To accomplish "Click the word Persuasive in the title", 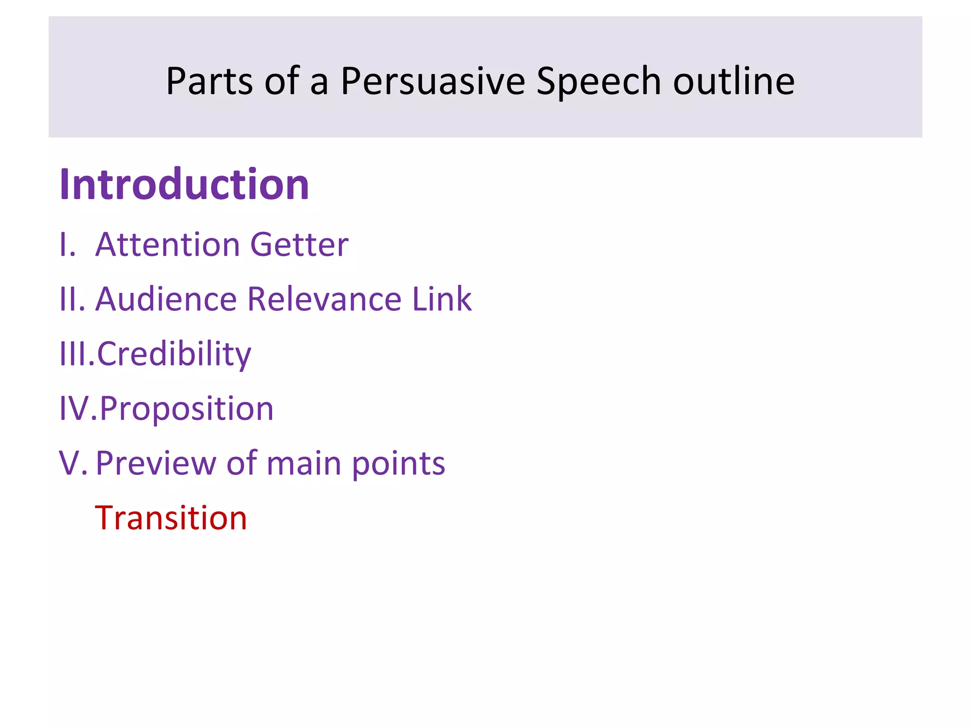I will coord(432,82).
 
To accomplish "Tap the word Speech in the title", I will coord(598,82).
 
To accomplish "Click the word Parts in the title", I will coord(210,82).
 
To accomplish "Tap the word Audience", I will coord(166,300).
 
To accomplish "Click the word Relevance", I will coord(324,300).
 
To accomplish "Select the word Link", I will coord(441,300).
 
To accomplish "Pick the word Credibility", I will coord(174,355).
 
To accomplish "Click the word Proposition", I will coord(186,409).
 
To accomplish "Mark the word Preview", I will coord(156,464).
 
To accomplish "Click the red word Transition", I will coord(171,518).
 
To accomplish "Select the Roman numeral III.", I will coord(76,354).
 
